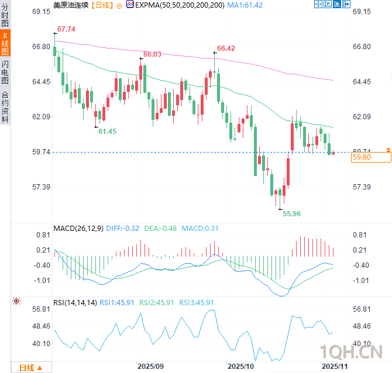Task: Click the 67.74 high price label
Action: [x=66, y=29]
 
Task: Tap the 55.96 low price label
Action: [x=291, y=214]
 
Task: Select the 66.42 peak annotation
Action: [x=226, y=49]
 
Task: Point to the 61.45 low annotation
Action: [x=107, y=132]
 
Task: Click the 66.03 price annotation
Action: [x=152, y=54]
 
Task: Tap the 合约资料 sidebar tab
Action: [x=5, y=106]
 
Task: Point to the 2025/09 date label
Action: [x=151, y=366]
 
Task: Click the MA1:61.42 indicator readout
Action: [x=246, y=5]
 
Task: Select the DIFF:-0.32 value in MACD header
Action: [x=123, y=228]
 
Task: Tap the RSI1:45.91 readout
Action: [x=117, y=302]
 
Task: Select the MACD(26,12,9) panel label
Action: [x=78, y=228]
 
